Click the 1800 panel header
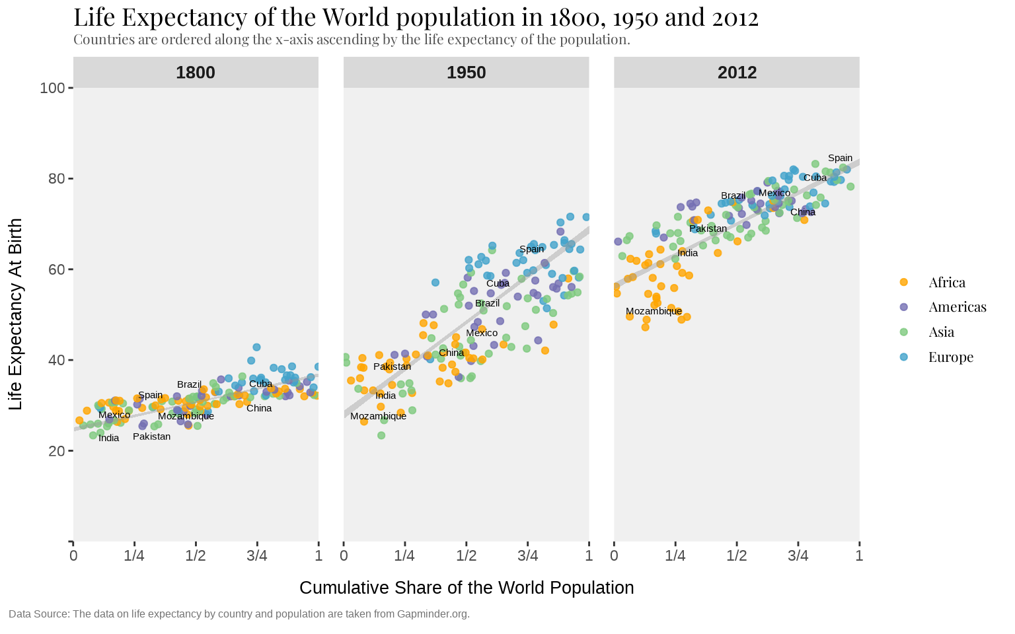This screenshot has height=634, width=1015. point(196,73)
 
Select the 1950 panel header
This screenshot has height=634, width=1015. point(466,73)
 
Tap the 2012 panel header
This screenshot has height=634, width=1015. point(737,73)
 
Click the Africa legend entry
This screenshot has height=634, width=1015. point(946,283)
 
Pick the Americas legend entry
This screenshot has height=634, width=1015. point(957,307)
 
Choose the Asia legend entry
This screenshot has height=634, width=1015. point(941,332)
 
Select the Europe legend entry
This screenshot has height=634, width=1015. point(950,357)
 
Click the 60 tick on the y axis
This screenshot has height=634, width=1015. point(57,269)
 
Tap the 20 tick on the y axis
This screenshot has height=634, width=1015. point(57,451)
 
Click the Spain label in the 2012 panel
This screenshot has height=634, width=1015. point(840,158)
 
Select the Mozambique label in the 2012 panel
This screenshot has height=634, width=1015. point(654,311)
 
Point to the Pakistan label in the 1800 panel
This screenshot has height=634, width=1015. point(151,437)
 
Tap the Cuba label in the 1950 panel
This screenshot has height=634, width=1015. point(498,284)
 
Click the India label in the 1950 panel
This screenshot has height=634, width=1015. point(386,396)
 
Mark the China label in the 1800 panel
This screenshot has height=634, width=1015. point(259,408)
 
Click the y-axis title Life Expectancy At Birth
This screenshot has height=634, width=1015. point(17,314)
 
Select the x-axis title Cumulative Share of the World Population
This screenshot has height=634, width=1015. point(467,588)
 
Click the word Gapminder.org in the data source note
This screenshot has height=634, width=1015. point(433,614)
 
